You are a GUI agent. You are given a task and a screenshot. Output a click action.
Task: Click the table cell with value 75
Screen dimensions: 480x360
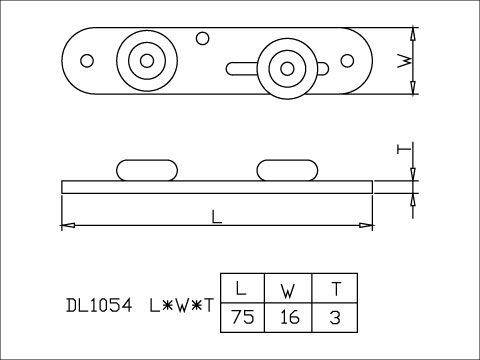(x=243, y=317)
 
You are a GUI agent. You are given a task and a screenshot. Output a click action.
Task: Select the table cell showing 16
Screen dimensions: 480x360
(x=288, y=317)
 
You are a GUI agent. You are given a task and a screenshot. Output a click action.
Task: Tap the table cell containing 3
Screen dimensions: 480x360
(x=335, y=317)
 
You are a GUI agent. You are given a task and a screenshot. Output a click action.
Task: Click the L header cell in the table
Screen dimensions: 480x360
(x=243, y=288)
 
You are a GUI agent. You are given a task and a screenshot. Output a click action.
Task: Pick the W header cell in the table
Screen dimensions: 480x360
(x=288, y=288)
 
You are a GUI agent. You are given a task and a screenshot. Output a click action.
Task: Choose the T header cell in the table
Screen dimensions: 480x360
(x=335, y=288)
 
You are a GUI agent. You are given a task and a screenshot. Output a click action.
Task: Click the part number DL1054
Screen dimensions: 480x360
(x=99, y=305)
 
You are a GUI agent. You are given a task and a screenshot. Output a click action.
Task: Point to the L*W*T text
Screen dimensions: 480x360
(x=181, y=305)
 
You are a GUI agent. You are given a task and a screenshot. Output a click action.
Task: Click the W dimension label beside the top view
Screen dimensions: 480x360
(x=404, y=61)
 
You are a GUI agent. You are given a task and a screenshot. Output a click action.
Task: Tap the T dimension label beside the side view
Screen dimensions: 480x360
(x=403, y=149)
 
